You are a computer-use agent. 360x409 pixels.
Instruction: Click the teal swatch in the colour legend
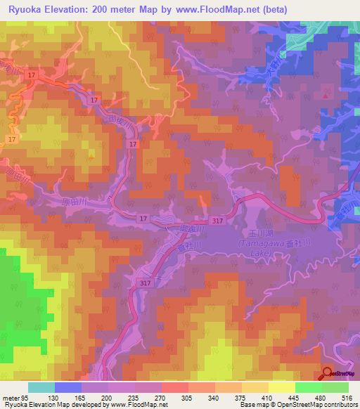click(41, 387)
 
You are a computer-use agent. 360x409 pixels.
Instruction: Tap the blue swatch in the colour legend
click(68, 387)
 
